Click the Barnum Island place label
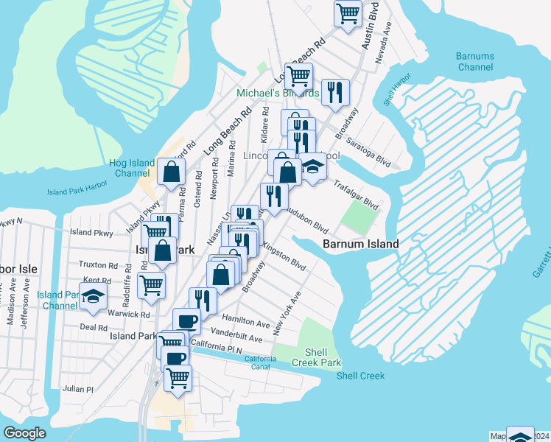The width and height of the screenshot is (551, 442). click(361, 244)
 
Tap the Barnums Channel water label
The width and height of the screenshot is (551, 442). click(474, 62)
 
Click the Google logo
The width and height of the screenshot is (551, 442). click(25, 433)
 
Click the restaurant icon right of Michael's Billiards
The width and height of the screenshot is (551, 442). click(334, 92)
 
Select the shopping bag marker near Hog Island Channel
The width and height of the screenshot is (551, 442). click(171, 172)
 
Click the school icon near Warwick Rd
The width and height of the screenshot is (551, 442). click(94, 297)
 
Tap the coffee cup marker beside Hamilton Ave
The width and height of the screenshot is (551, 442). click(186, 321)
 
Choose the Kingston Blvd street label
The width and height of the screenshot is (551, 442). click(284, 255)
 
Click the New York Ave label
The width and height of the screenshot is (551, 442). click(287, 314)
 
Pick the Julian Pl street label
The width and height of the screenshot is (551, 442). click(78, 389)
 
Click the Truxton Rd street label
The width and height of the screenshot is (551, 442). click(99, 264)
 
